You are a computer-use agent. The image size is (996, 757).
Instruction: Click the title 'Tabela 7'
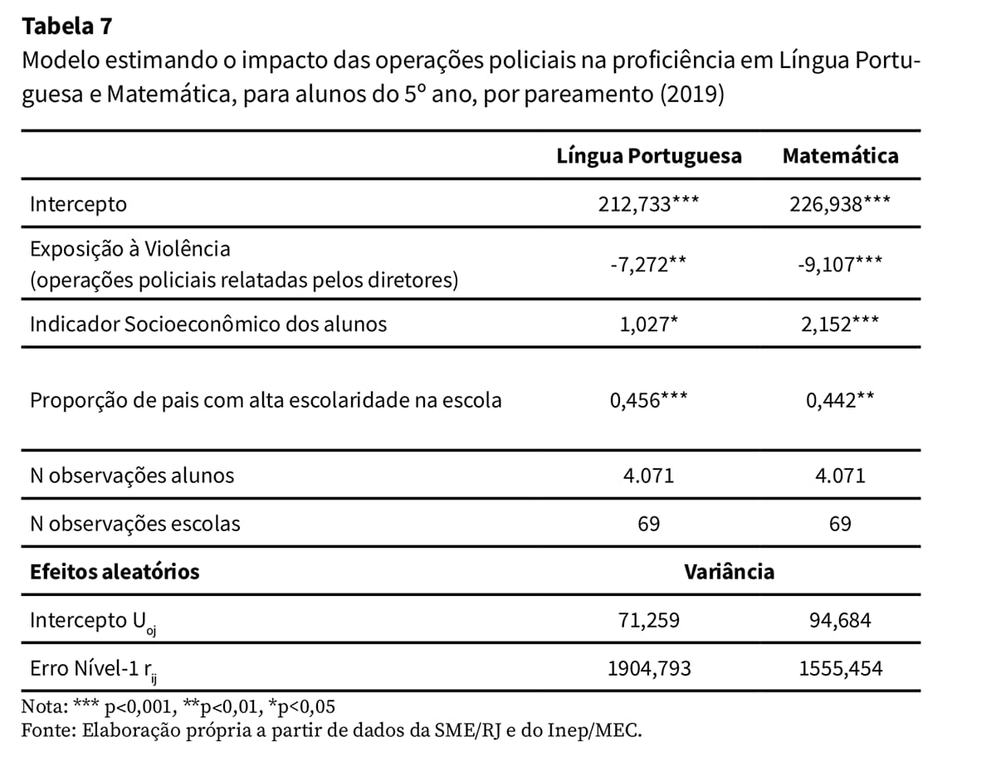[x=67, y=26]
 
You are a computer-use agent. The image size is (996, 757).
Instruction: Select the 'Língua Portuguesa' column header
[x=649, y=157]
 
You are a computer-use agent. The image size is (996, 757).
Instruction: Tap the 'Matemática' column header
[x=840, y=156]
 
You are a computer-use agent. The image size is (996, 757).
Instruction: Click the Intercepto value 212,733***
[x=648, y=204]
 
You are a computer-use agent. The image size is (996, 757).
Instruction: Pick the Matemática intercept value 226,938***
[x=840, y=204]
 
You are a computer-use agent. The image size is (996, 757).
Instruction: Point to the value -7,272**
[x=648, y=265]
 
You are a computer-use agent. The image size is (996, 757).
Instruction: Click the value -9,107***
[x=840, y=265]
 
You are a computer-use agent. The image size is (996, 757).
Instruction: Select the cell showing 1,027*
[x=648, y=325]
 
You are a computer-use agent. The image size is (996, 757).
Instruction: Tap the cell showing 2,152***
[x=840, y=325]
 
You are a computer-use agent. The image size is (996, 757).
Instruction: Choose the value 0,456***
[x=648, y=400]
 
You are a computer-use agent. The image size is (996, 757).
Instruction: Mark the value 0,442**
[x=840, y=400]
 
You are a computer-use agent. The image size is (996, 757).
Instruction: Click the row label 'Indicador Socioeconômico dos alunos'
[x=208, y=325]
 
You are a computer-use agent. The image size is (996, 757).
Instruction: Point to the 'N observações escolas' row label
[x=134, y=524]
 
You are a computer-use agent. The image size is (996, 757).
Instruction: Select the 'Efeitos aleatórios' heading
[x=115, y=572]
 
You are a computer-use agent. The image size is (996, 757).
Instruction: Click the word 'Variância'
[x=730, y=572]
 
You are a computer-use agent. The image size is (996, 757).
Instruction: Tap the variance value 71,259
[x=649, y=621]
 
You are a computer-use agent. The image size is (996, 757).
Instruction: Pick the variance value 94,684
[x=840, y=621]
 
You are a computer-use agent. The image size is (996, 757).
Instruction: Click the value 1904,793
[x=649, y=668]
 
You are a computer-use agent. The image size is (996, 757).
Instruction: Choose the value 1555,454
[x=840, y=668]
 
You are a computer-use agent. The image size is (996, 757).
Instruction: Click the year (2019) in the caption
[x=692, y=95]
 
